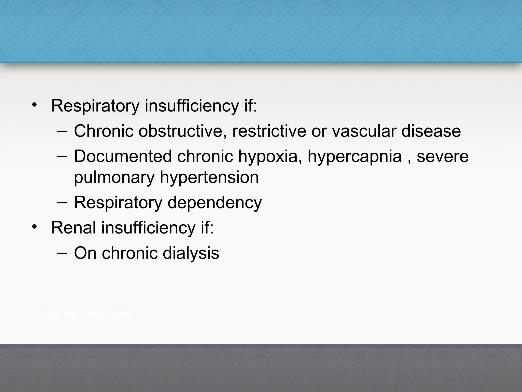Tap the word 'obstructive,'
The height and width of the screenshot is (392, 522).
click(182, 131)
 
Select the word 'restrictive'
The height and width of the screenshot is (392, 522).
click(269, 131)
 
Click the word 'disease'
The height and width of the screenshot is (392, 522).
click(431, 131)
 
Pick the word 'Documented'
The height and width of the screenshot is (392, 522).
click(123, 156)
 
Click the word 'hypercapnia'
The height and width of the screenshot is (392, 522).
click(355, 157)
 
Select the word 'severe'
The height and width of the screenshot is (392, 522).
click(442, 156)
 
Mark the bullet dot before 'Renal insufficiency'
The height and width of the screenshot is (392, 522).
click(34, 227)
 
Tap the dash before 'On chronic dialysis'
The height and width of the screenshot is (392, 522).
click(62, 253)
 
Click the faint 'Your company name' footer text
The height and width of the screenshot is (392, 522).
click(85, 314)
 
